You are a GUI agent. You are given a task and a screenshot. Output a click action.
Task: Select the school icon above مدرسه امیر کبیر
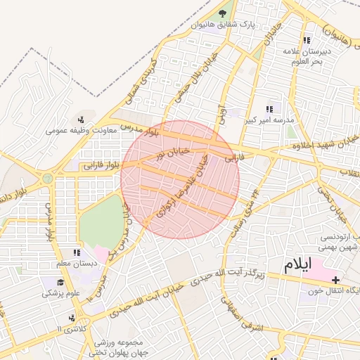269,109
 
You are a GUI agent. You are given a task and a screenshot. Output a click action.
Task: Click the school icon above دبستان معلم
76,252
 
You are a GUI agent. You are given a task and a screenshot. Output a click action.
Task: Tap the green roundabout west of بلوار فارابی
47,179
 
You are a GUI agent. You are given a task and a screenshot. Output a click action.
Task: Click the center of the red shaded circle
180,179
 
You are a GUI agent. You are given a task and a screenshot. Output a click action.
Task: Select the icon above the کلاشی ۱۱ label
71,318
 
